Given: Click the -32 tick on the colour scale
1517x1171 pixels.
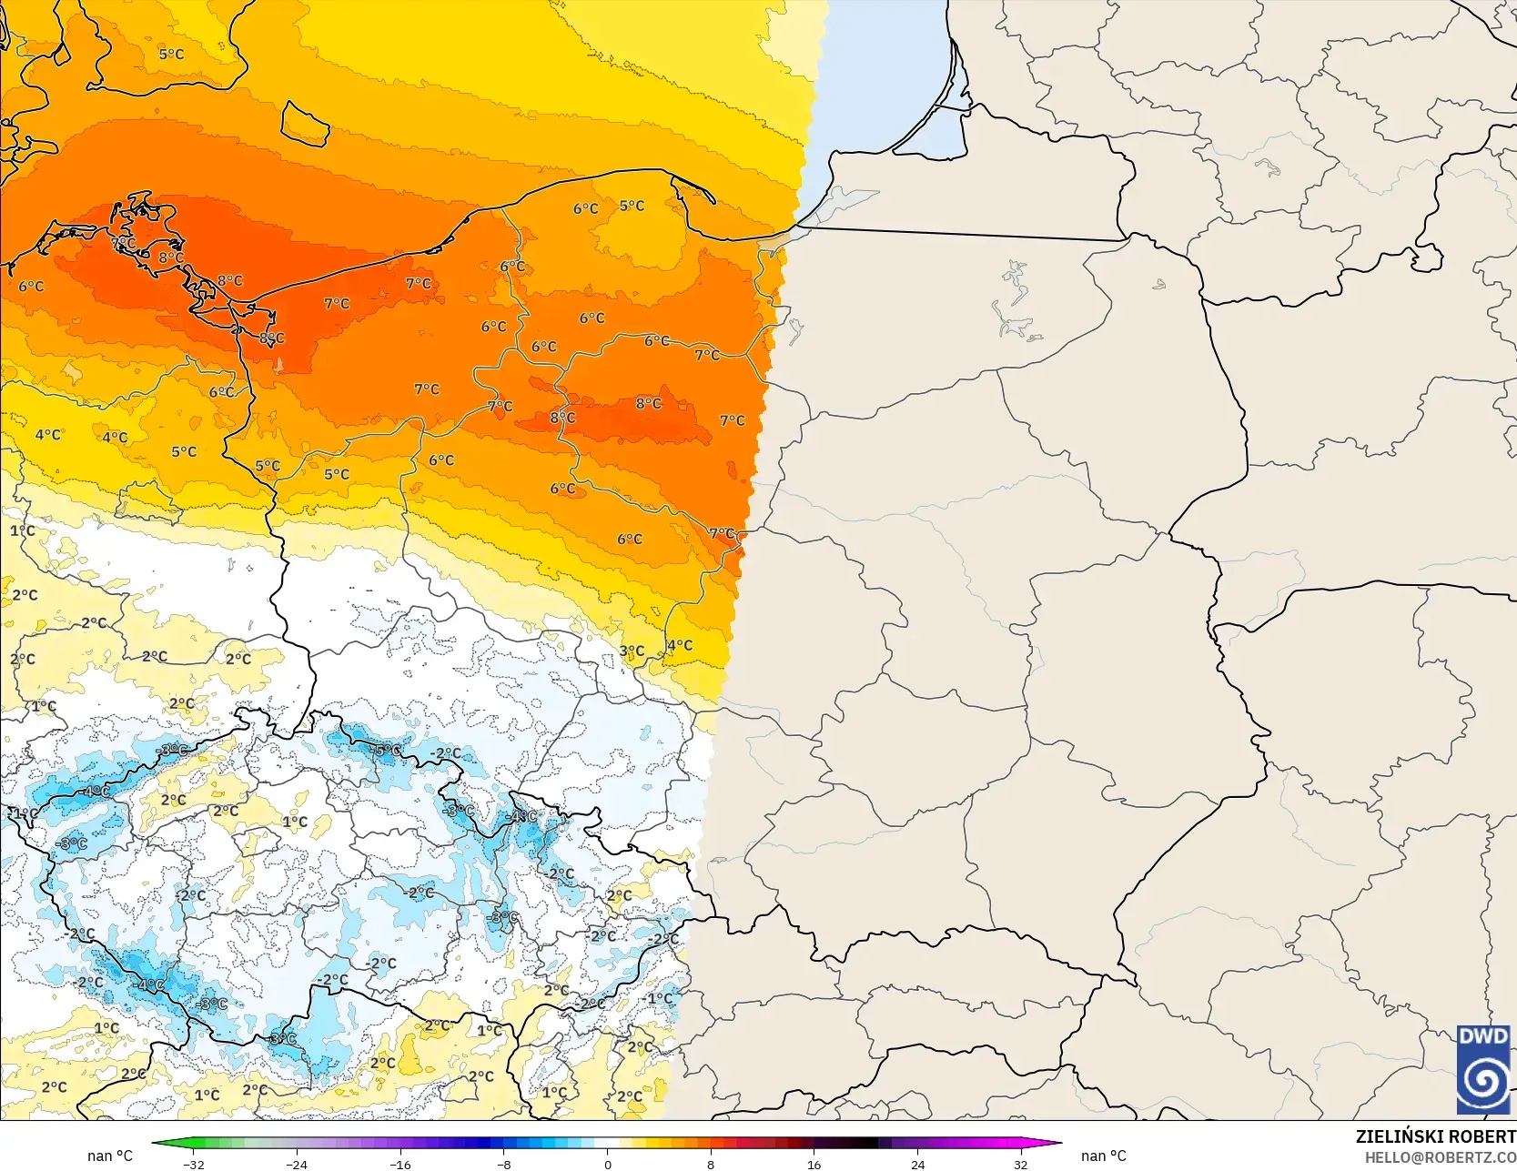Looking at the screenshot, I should pyautogui.click(x=193, y=1164).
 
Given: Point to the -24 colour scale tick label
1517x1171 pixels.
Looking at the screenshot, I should pyautogui.click(x=297, y=1164).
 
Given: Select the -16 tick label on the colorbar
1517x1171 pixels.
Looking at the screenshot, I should pyautogui.click(x=400, y=1164).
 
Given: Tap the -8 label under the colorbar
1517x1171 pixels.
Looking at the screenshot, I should pyautogui.click(x=504, y=1164).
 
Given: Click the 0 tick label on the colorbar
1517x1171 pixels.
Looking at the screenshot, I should pyautogui.click(x=607, y=1164).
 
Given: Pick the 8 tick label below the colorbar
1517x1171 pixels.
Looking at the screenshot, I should pyautogui.click(x=711, y=1164).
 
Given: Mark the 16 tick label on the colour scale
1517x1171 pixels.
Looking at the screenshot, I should pyautogui.click(x=814, y=1164).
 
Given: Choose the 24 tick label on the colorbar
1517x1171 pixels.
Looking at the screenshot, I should pyautogui.click(x=917, y=1164).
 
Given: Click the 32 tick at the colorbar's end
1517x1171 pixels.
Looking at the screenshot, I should pyautogui.click(x=1021, y=1164).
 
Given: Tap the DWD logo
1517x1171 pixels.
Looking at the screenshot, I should pyautogui.click(x=1483, y=1069).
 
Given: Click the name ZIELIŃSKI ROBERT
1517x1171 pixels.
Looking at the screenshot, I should pyautogui.click(x=1435, y=1136).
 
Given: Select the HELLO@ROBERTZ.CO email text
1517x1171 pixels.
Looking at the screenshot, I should pyautogui.click(x=1440, y=1156).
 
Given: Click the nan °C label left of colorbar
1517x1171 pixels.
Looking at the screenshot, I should pyautogui.click(x=110, y=1156).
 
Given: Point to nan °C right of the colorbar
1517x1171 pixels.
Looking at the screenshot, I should pyautogui.click(x=1103, y=1156).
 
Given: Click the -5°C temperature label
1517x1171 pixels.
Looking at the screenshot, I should pyautogui.click(x=387, y=751).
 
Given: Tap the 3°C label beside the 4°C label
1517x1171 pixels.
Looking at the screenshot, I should pyautogui.click(x=632, y=651).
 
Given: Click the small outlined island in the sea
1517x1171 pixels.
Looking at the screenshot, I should pyautogui.click(x=305, y=123).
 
